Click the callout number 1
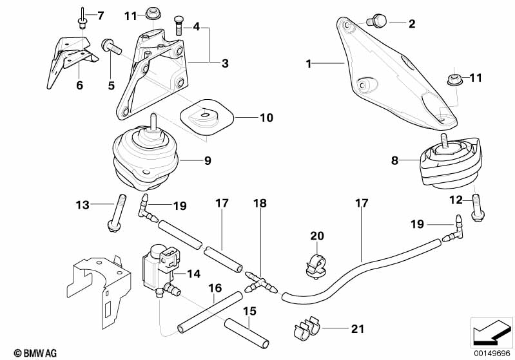click(309, 64)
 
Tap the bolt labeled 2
click(378, 23)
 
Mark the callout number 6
click(80, 84)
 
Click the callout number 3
click(225, 63)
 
